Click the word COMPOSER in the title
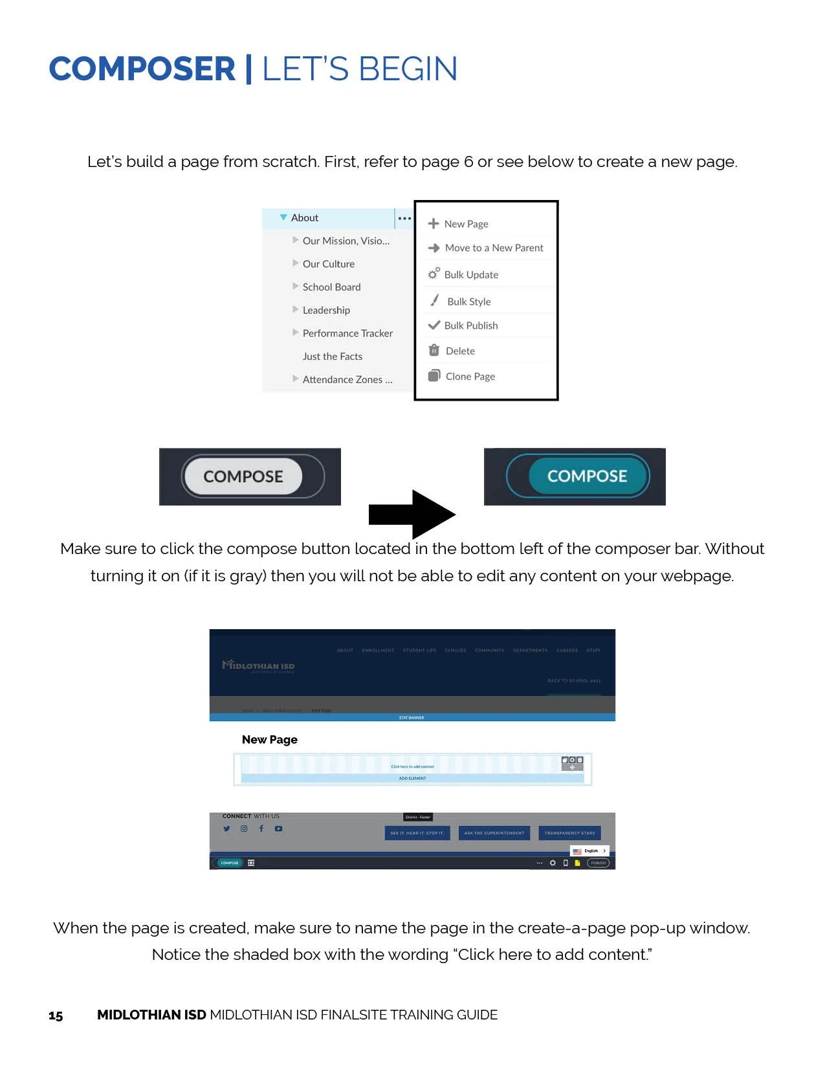142,69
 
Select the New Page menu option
465,224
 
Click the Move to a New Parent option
493,248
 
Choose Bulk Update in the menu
470,274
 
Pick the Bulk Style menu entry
468,302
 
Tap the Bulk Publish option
470,326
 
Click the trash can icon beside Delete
434,350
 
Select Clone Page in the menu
470,376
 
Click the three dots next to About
404,218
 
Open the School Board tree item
331,287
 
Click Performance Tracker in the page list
347,333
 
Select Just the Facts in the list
333,357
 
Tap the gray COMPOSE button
243,476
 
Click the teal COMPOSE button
587,476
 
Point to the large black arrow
412,515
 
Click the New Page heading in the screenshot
270,740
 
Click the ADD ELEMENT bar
412,778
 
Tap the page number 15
56,1016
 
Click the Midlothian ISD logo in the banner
259,665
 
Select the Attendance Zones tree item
347,380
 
